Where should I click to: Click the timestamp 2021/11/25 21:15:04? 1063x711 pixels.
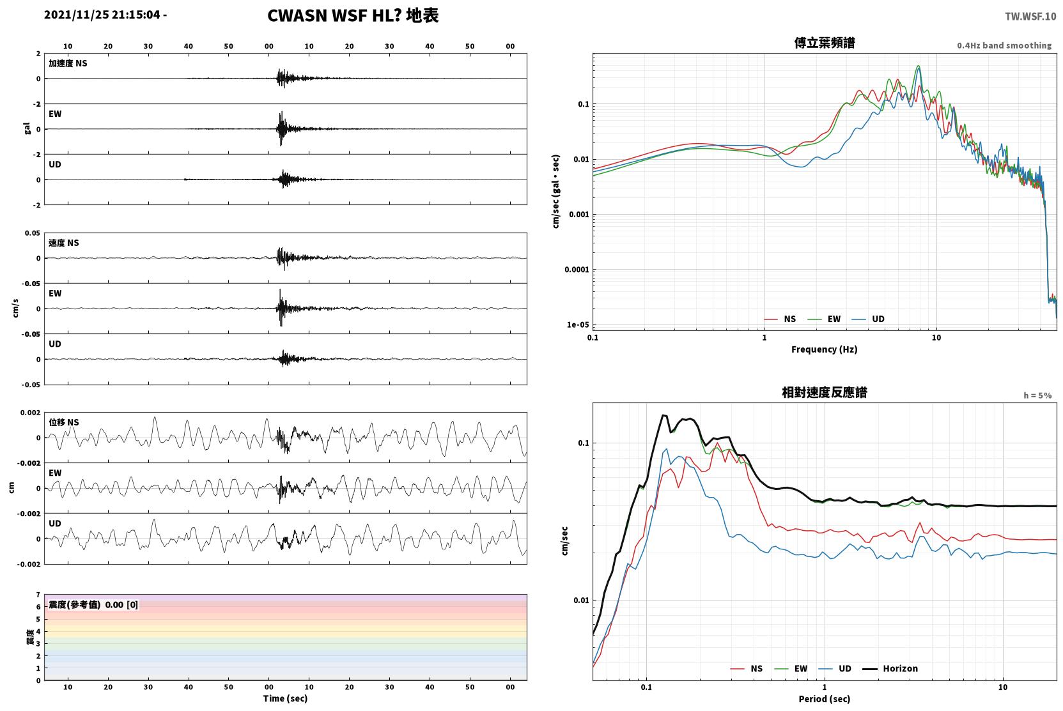[x=102, y=15]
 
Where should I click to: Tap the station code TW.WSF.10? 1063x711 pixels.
[x=1030, y=16]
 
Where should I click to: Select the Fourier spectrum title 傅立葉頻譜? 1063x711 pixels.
[x=825, y=43]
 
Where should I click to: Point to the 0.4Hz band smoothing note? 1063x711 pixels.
[x=1004, y=45]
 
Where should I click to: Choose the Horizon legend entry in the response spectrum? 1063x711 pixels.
[x=890, y=668]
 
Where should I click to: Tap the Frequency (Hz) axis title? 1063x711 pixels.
[x=825, y=349]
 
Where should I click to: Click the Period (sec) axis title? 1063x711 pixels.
[x=825, y=699]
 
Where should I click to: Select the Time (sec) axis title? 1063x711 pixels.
[x=285, y=698]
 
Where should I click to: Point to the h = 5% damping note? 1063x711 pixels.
[x=1037, y=395]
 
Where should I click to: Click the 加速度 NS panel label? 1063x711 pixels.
[x=68, y=63]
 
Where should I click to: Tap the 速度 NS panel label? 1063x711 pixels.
[x=63, y=243]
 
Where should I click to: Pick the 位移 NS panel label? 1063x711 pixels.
[x=63, y=422]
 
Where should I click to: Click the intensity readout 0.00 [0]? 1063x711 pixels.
[x=121, y=605]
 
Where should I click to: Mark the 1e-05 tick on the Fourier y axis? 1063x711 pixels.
[x=578, y=325]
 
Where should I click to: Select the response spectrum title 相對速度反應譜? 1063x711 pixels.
[x=825, y=392]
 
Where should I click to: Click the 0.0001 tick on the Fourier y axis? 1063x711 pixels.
[x=576, y=270]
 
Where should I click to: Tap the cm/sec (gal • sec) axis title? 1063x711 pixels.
[x=555, y=191]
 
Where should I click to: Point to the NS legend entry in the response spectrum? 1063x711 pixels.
[x=747, y=668]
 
